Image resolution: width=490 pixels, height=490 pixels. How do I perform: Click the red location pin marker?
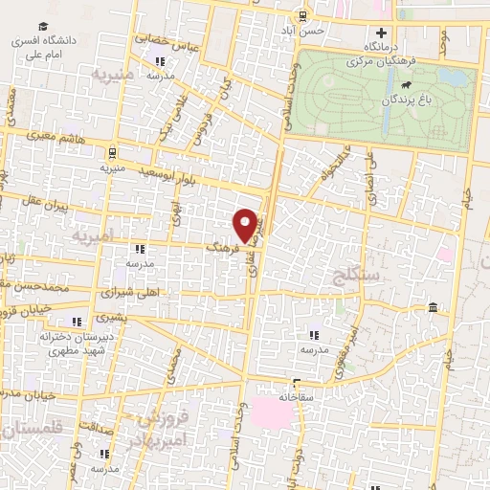pos(247,225)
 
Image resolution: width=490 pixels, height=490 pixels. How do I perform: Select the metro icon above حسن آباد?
pos(302,15)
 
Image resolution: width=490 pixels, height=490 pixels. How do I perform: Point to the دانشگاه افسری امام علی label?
pos(44,48)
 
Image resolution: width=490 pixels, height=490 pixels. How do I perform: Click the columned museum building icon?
pos(434,308)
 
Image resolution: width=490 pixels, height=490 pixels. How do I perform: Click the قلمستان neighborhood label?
pos(28,432)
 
